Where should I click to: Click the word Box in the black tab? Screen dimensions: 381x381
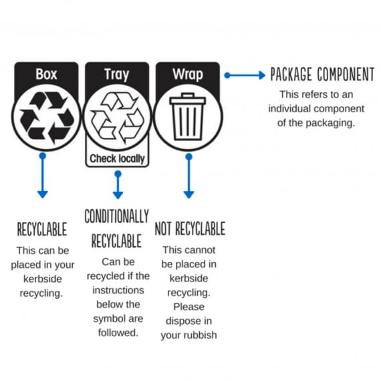click(x=46, y=74)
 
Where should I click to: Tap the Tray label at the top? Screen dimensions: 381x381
click(x=116, y=75)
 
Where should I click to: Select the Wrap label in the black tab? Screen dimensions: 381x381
click(x=188, y=74)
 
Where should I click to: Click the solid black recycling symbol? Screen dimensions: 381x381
click(x=46, y=118)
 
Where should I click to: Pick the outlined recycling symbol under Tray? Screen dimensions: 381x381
click(x=117, y=118)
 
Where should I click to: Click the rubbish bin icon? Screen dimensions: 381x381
click(x=188, y=116)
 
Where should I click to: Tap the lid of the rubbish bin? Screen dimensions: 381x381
click(x=188, y=99)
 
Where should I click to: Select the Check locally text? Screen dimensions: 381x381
click(x=117, y=159)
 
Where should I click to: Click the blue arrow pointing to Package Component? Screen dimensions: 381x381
click(x=245, y=76)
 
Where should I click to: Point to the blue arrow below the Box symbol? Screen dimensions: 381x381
click(x=43, y=175)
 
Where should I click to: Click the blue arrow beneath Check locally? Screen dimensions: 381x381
click(x=118, y=184)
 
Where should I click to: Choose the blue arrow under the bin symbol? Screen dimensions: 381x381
click(x=188, y=176)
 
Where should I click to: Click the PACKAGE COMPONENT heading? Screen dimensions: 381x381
click(x=322, y=74)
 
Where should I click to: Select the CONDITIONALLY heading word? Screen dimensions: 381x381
click(x=116, y=216)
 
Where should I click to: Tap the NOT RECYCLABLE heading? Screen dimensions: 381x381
click(x=190, y=229)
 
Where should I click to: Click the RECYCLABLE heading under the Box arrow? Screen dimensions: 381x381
click(x=42, y=229)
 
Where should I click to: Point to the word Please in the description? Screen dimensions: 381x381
click(x=188, y=307)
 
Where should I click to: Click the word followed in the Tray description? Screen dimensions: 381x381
click(x=118, y=333)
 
